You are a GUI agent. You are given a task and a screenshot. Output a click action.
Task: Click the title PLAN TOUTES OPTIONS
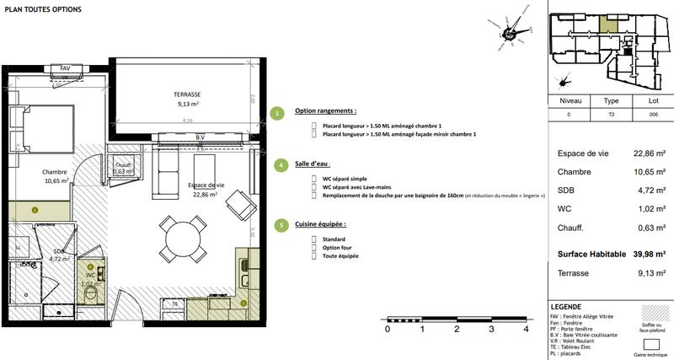(x=44, y=8)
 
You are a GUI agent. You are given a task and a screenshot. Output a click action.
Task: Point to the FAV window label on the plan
(x=65, y=68)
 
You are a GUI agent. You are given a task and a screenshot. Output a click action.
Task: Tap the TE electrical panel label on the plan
(x=175, y=303)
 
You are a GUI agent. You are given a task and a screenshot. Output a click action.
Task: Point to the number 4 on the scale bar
(x=527, y=330)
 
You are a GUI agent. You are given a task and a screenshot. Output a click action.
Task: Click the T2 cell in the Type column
(x=609, y=114)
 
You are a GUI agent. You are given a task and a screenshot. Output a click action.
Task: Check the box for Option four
(x=313, y=247)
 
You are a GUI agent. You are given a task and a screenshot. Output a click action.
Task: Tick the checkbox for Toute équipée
(x=313, y=255)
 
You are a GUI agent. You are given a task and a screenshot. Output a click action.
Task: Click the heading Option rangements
(x=325, y=111)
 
